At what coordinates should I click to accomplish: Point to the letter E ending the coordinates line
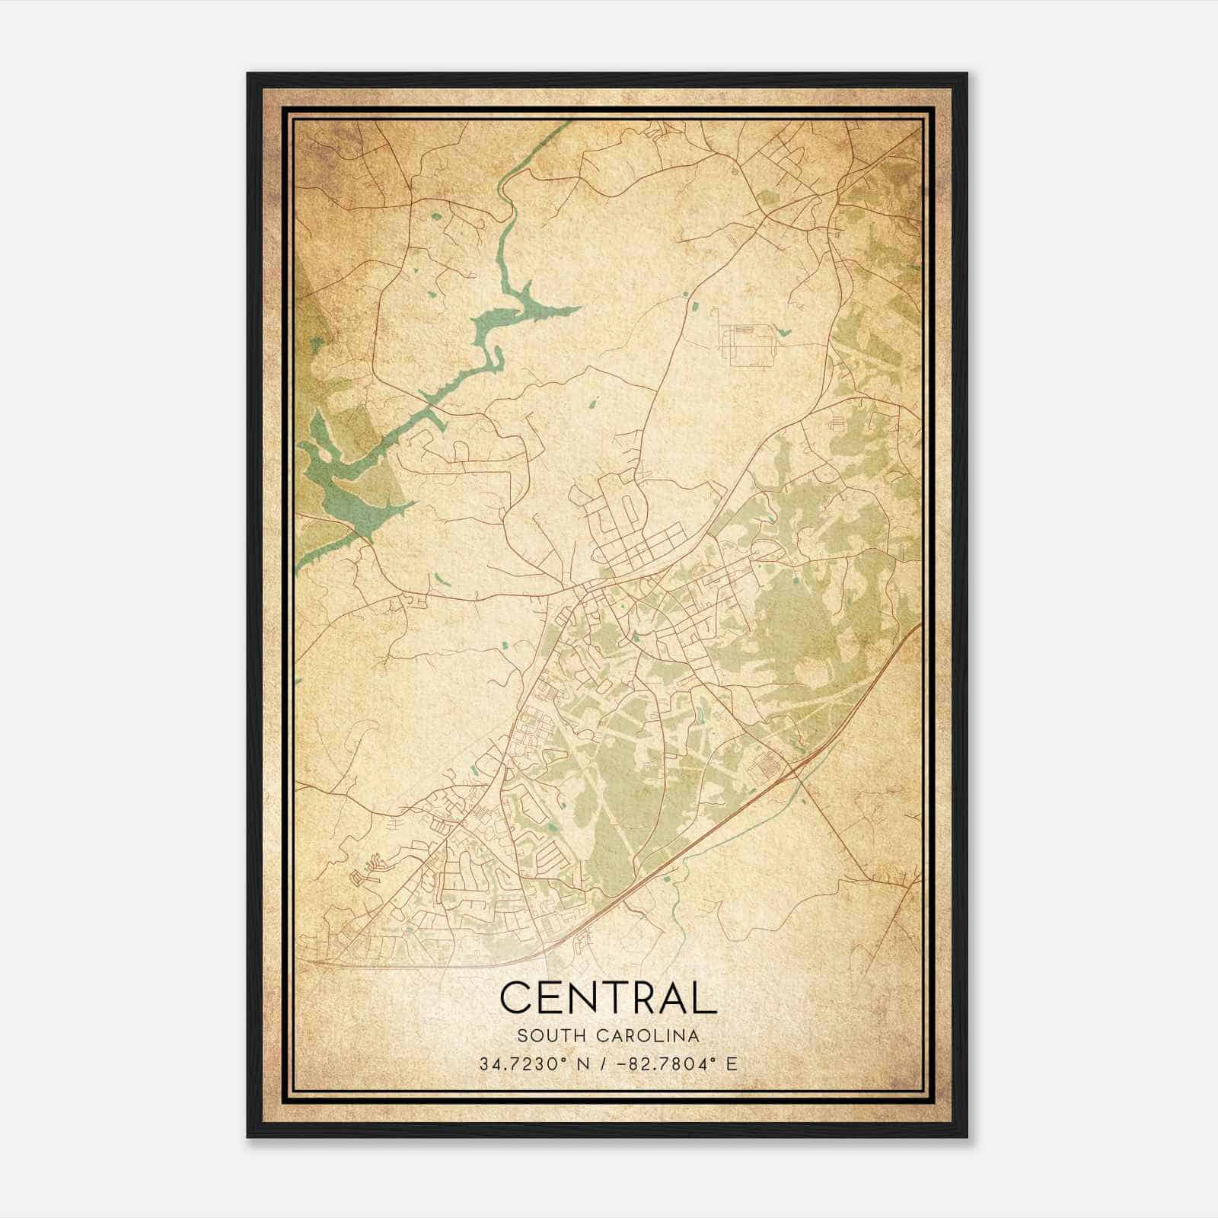732,1063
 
